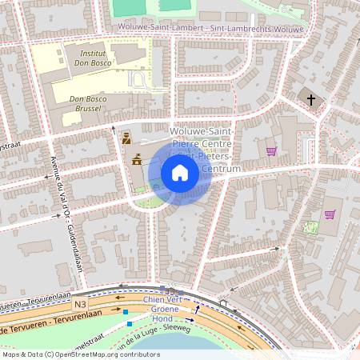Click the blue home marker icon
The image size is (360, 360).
[180, 172]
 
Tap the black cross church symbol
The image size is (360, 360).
[312, 99]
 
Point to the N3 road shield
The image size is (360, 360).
[79, 304]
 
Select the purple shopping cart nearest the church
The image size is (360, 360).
[271, 150]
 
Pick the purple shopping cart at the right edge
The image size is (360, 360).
[329, 214]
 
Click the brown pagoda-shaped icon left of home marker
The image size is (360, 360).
[136, 158]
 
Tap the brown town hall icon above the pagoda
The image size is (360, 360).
[126, 138]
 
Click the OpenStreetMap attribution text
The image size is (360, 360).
[81, 354]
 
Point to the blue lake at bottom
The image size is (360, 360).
[200, 346]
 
